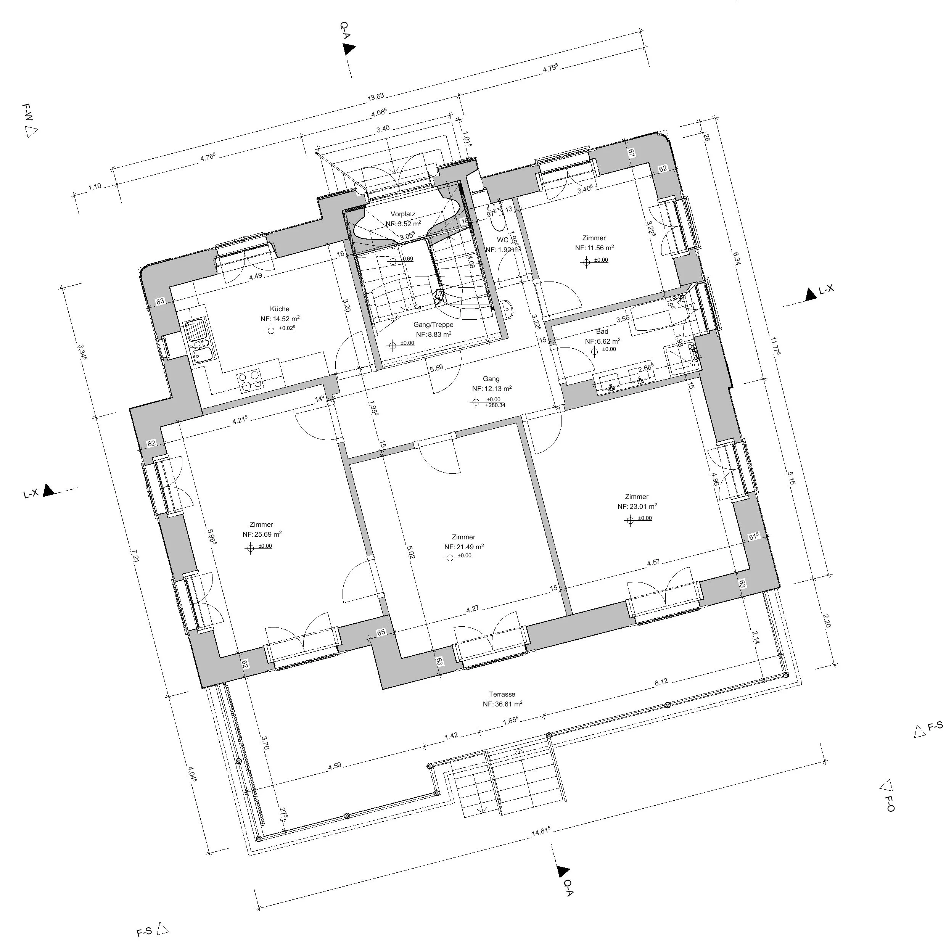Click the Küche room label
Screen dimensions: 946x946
tap(280, 309)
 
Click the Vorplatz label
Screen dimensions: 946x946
tap(403, 214)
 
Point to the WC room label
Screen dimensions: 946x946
tap(502, 240)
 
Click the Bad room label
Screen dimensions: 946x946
tap(602, 331)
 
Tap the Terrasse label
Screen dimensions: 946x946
tap(502, 694)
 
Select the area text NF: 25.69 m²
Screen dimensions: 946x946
tap(262, 534)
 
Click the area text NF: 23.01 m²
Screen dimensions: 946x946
tap(637, 507)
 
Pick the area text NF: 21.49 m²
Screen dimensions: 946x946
tap(464, 547)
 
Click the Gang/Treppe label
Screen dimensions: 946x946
tap(433, 325)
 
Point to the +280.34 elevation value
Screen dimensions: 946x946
tap(495, 405)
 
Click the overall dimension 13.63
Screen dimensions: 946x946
tap(376, 97)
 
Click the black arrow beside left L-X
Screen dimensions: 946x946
tap(48, 490)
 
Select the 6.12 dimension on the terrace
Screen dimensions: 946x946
tap(661, 682)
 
